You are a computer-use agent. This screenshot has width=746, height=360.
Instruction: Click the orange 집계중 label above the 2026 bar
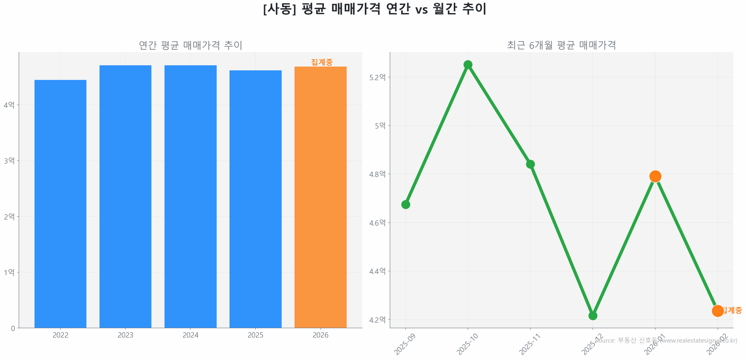pyautogui.click(x=322, y=62)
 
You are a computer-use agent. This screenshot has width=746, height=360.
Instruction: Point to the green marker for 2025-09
pyautogui.click(x=405, y=205)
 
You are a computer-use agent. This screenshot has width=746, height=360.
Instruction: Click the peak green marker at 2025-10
pyautogui.click(x=468, y=65)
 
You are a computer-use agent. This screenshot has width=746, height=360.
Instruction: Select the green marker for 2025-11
pyautogui.click(x=530, y=164)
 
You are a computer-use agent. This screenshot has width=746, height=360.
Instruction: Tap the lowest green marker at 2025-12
pyautogui.click(x=592, y=316)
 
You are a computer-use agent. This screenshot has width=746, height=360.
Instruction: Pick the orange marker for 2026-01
pyautogui.click(x=655, y=176)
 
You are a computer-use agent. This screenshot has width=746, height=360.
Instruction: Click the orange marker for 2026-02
pyautogui.click(x=717, y=311)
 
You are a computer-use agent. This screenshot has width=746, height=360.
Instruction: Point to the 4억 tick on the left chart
pyautogui.click(x=9, y=105)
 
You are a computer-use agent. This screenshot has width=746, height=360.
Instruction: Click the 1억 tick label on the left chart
pyautogui.click(x=9, y=272)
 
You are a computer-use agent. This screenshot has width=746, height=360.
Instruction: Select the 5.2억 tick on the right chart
pyautogui.click(x=377, y=78)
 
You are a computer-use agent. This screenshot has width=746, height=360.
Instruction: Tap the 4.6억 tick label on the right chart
pyautogui.click(x=377, y=223)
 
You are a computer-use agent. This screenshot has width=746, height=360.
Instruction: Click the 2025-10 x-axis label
pyautogui.click(x=467, y=344)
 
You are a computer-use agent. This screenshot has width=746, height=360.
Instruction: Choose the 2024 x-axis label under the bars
pyautogui.click(x=190, y=335)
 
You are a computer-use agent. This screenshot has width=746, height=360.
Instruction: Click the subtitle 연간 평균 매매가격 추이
pyautogui.click(x=190, y=45)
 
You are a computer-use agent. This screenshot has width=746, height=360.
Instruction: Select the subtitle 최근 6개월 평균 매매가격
pyautogui.click(x=561, y=45)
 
